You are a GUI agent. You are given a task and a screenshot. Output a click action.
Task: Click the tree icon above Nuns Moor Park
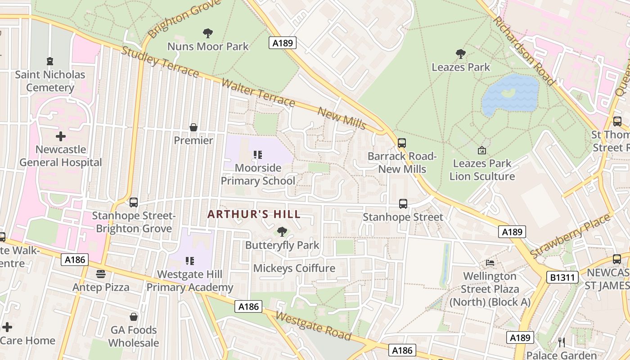coord(207,33)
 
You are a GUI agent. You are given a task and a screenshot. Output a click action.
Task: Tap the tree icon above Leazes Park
coord(460,54)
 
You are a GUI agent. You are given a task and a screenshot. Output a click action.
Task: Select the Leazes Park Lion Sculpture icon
coord(482,150)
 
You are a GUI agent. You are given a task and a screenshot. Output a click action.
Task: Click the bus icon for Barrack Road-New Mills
coord(402,143)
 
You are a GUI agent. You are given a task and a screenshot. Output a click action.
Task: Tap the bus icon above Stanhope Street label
coord(403,204)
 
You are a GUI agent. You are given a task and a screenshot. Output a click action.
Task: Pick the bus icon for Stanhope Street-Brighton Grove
coord(134,202)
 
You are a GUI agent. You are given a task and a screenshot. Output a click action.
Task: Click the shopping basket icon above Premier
coord(193,127)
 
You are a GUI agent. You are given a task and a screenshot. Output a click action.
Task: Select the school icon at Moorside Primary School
coord(258,155)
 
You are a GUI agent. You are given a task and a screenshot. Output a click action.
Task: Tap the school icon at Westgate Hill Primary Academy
coord(190,261)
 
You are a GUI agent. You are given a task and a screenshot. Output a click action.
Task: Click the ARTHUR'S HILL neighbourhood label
coord(254,214)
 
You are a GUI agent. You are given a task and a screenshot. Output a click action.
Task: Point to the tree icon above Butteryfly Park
coord(282,232)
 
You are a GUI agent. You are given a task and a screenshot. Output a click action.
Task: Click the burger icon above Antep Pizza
coord(101,274)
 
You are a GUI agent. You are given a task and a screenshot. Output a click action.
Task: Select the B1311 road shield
coord(562,277)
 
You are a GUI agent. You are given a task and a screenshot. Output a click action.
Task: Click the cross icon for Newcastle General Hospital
coord(60,136)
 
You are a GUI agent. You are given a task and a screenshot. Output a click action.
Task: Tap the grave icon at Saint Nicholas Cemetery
coord(50,61)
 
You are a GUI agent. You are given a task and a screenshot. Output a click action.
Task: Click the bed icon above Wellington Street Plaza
coord(490,262)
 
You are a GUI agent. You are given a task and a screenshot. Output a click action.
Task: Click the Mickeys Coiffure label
coord(294,268)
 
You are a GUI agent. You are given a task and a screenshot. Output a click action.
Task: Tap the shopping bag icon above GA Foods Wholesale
coord(134,317)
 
